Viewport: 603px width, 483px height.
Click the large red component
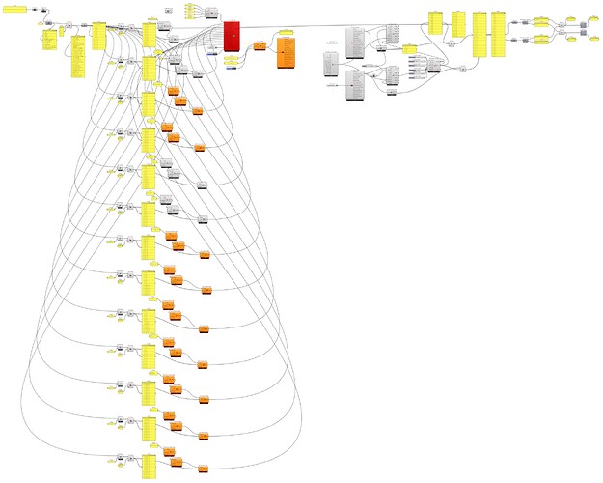(232, 36)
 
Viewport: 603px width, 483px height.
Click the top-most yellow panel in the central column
(149, 32)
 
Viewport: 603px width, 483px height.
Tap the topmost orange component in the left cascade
(174, 89)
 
